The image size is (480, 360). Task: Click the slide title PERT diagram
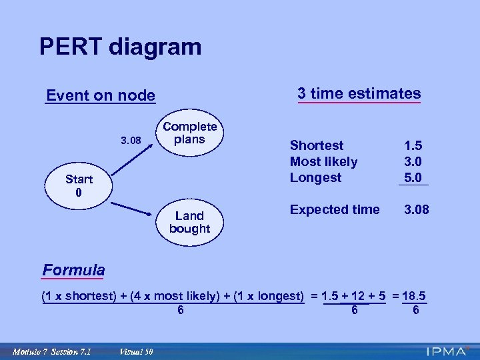[120, 47]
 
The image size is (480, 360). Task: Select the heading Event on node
[101, 96]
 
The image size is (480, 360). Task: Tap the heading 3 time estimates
[359, 93]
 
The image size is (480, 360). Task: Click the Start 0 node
[79, 186]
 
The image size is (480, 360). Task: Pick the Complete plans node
[190, 133]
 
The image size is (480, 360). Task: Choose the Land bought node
[189, 222]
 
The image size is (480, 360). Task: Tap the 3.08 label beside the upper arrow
[131, 141]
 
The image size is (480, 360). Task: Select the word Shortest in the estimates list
[317, 145]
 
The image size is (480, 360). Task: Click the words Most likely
[323, 161]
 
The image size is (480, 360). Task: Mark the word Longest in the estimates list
[315, 177]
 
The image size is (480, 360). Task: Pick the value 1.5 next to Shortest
[412, 145]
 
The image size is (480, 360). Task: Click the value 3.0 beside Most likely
[412, 161]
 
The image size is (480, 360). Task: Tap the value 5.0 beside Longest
[412, 177]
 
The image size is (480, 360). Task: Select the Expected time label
[335, 209]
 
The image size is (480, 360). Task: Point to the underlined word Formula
[73, 270]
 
